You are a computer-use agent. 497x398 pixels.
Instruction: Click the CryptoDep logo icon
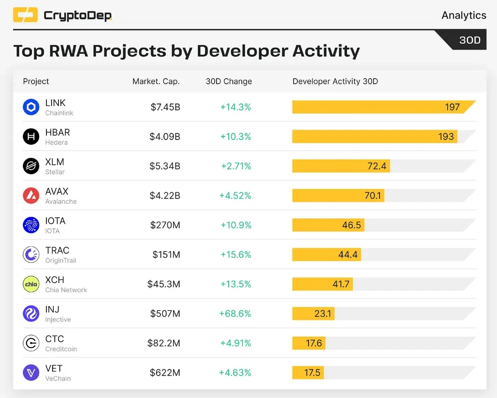coord(25,15)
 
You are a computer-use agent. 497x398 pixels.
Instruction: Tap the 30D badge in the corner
coord(469,40)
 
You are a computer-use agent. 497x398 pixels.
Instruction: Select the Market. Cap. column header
coord(156,82)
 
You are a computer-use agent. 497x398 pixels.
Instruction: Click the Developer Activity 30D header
coord(335,82)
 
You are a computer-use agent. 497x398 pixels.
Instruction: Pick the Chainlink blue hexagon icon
coord(31,107)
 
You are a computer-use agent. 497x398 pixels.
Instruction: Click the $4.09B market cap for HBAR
coord(165,137)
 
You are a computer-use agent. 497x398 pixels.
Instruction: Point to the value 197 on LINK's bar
coord(452,107)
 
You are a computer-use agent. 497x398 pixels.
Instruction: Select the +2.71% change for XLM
coord(236,166)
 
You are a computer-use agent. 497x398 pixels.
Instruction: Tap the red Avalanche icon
coord(31,196)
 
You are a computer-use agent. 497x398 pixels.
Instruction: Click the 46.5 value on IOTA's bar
coord(351,225)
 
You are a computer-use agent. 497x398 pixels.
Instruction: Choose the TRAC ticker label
coord(57,250)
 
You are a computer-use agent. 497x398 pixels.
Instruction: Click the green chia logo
coord(31,284)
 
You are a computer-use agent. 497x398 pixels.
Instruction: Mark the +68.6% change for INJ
coord(235,313)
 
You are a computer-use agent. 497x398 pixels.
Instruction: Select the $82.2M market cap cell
coord(163,343)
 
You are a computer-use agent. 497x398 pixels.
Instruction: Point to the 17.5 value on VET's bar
coord(312,372)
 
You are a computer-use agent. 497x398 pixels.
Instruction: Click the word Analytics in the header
coord(463,15)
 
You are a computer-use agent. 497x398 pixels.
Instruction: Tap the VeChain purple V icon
coord(31,372)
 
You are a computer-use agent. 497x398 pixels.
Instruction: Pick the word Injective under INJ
coord(58,319)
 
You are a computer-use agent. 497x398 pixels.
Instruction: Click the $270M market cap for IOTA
coord(165,225)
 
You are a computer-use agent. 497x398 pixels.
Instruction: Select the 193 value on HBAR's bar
coord(446,137)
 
